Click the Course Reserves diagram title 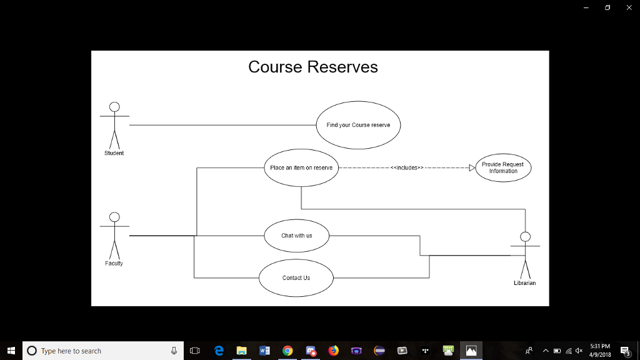click(312, 67)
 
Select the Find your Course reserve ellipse click(358, 125)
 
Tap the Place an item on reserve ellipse click(301, 167)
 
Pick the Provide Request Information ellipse click(503, 167)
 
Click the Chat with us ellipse click(296, 236)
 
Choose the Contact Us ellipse click(296, 278)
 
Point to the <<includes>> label click(407, 167)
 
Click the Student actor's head click(114, 106)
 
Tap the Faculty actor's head click(114, 217)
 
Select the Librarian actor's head click(526, 236)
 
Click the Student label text click(114, 153)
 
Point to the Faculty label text click(114, 263)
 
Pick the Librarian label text click(525, 283)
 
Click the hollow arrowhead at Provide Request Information click(472, 167)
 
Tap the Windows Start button click(11, 351)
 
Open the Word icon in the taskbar click(264, 351)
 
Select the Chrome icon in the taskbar click(287, 351)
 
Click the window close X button click(629, 7)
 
